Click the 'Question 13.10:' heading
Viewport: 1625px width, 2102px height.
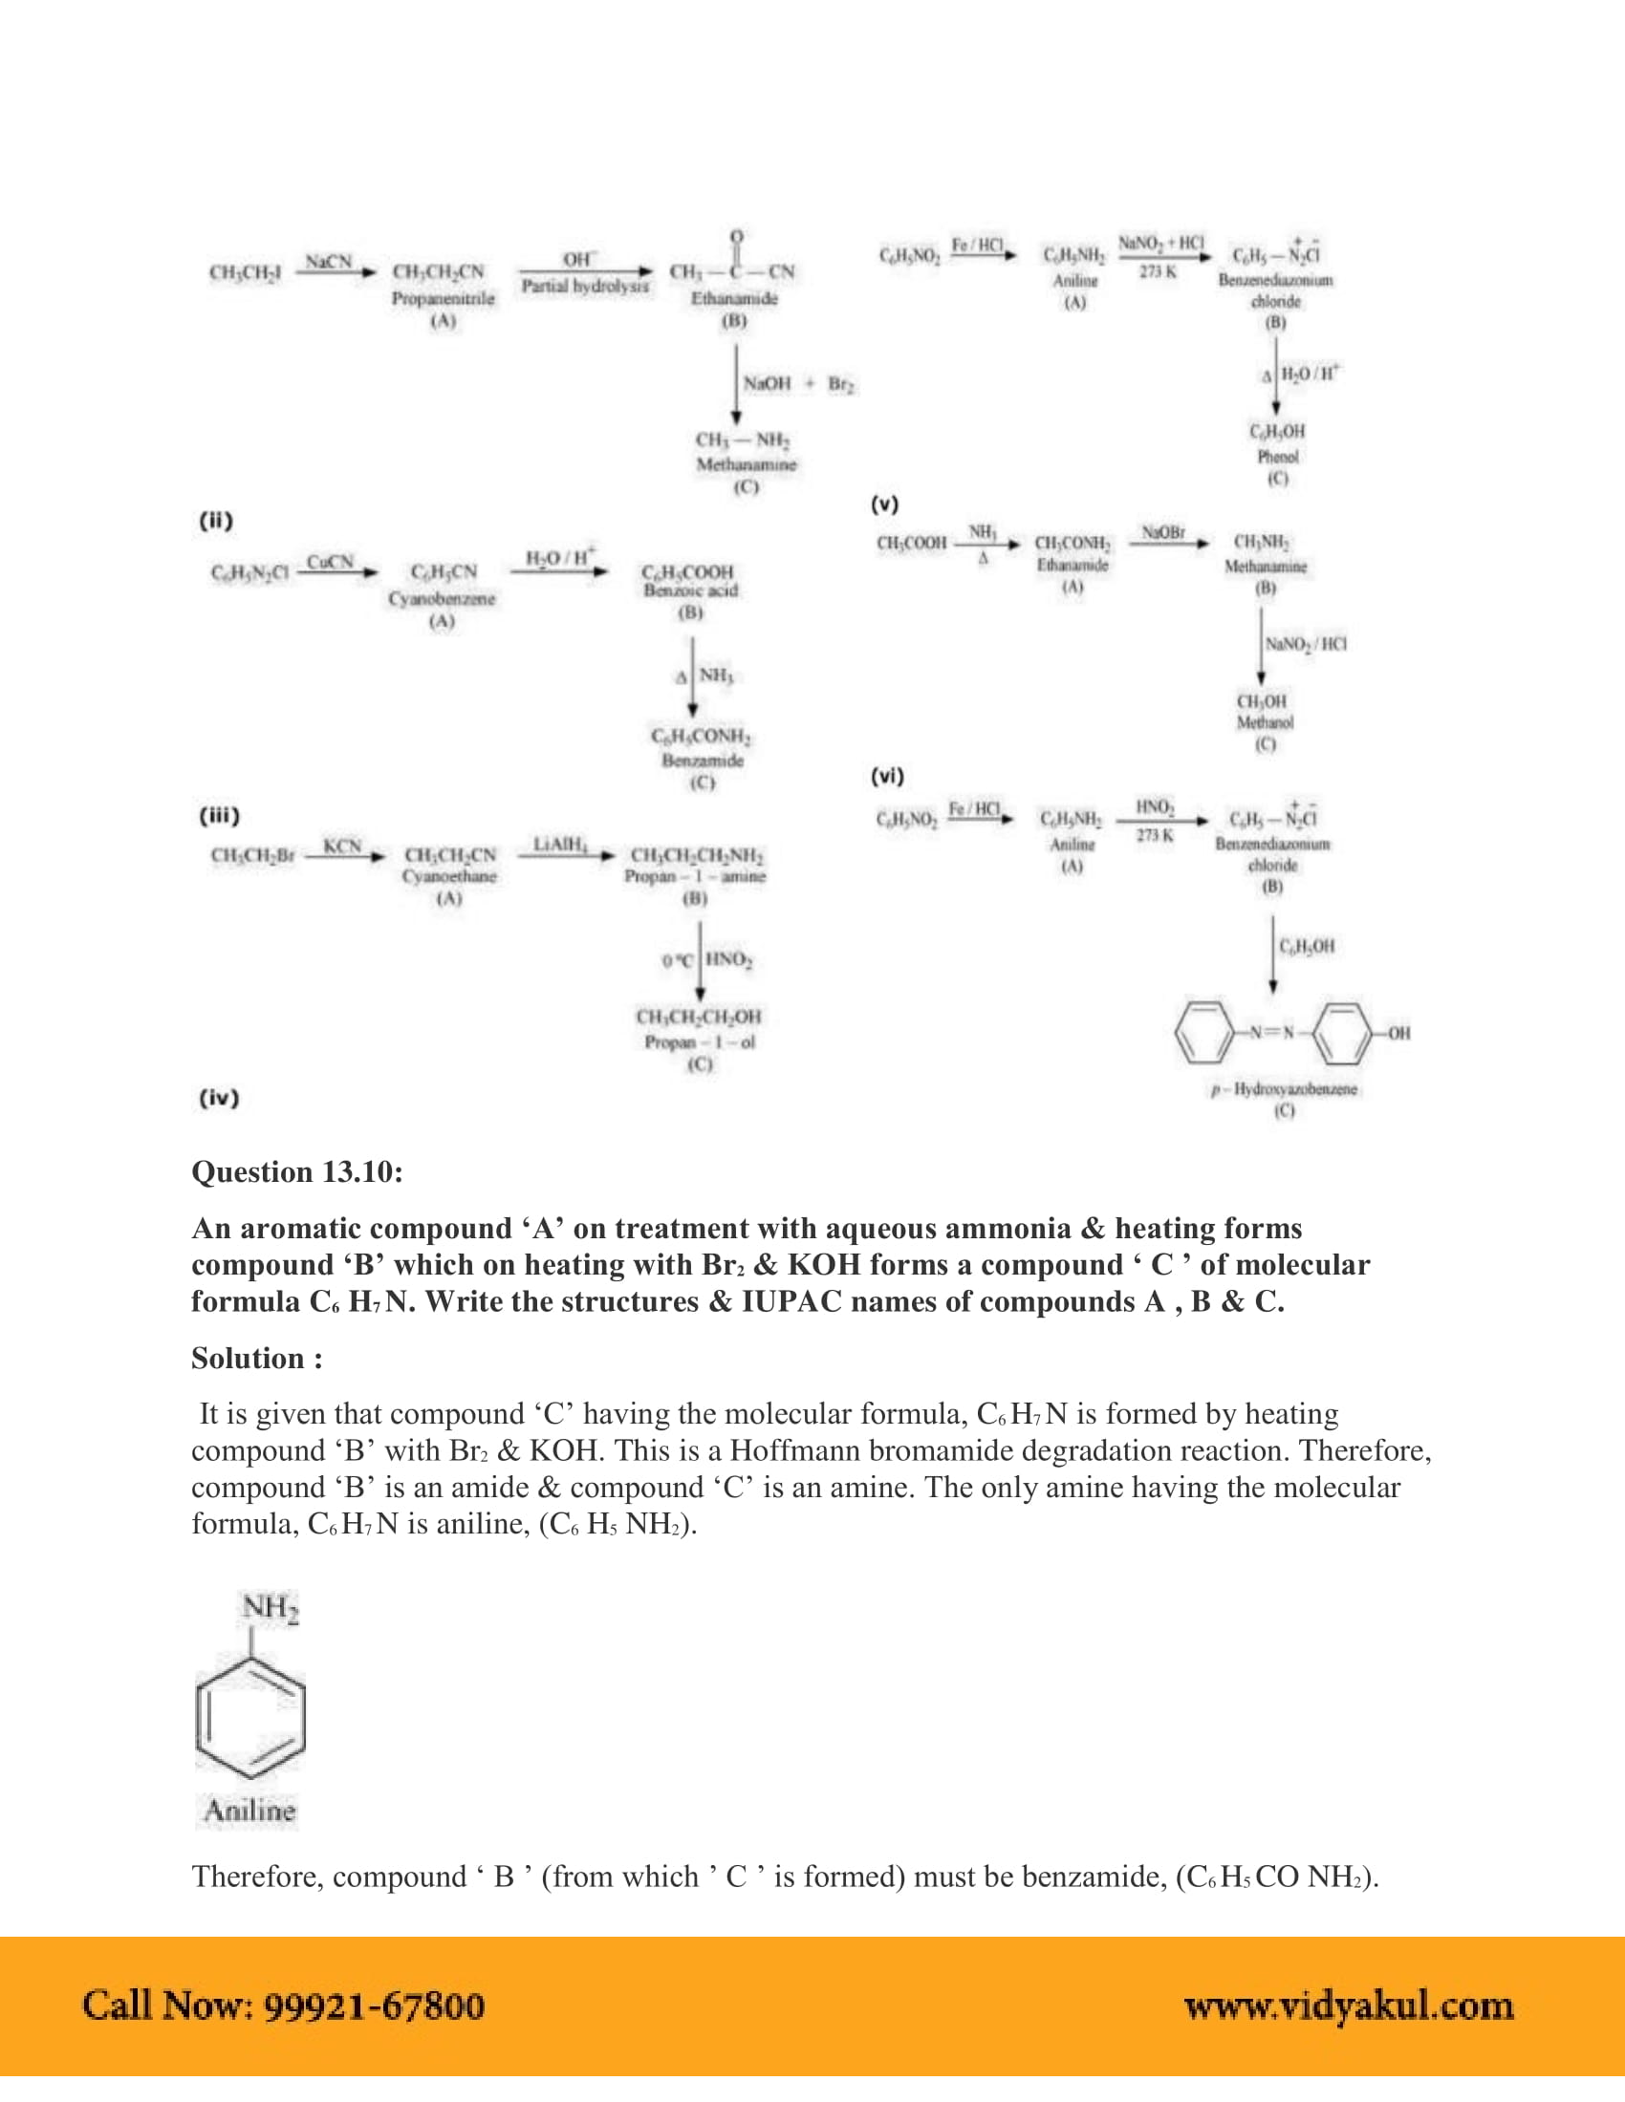coord(296,1171)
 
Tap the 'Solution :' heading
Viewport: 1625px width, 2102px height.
coord(256,1358)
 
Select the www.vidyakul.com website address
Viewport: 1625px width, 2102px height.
coord(1348,2005)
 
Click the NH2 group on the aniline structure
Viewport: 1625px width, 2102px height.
coord(270,1607)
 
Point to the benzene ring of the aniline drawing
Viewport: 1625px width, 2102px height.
coord(250,1718)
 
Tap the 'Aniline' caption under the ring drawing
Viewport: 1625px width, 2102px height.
coord(249,1811)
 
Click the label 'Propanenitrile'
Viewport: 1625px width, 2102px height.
coord(443,298)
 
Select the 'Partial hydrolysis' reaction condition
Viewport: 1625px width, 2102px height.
coord(584,286)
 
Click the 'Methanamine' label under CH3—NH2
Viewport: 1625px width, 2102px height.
coord(747,464)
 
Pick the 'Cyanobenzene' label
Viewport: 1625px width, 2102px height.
coord(442,598)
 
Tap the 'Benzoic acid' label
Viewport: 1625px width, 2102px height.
coord(690,590)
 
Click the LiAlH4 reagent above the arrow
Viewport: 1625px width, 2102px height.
coord(560,844)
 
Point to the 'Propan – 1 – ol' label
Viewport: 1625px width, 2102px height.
coord(700,1041)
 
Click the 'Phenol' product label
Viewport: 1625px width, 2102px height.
coord(1277,456)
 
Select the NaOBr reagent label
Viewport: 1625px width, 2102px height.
coord(1162,532)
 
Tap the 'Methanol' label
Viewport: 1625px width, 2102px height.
coord(1265,721)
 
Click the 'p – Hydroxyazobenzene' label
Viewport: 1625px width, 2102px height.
coord(1284,1088)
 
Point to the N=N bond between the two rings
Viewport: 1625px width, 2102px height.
coord(1272,1033)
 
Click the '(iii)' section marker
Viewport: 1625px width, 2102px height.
coord(219,815)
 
